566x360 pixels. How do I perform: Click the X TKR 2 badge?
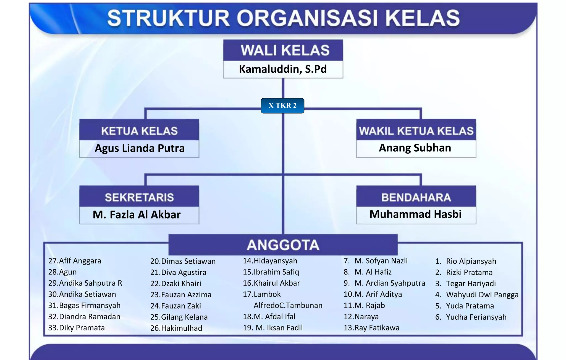pos(282,106)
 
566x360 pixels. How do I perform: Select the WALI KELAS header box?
pos(283,50)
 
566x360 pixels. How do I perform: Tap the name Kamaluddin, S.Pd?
pos(283,69)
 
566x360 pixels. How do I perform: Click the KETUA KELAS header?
pos(139,131)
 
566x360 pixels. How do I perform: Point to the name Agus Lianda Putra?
pos(140,148)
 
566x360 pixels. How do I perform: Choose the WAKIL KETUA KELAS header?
pos(416,131)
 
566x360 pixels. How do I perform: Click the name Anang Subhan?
pos(415,148)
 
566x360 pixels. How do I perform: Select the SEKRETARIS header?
pos(139,197)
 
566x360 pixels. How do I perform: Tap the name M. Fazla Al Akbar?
pos(137,215)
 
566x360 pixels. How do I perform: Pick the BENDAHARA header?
pos(416,197)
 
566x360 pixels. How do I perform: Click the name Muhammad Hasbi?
pos(415,214)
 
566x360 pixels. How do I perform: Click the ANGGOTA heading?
pos(283,245)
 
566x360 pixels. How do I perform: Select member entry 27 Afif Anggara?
pos(75,261)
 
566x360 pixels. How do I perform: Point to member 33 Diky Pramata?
pos(76,328)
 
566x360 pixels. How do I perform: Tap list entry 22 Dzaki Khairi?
pos(175,283)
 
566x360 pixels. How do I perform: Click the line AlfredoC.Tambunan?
pos(288,305)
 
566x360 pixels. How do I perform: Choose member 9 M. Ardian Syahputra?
pos(384,283)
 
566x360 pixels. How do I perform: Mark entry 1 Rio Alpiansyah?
pos(466,261)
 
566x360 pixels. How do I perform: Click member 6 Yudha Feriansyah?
pos(471,317)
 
